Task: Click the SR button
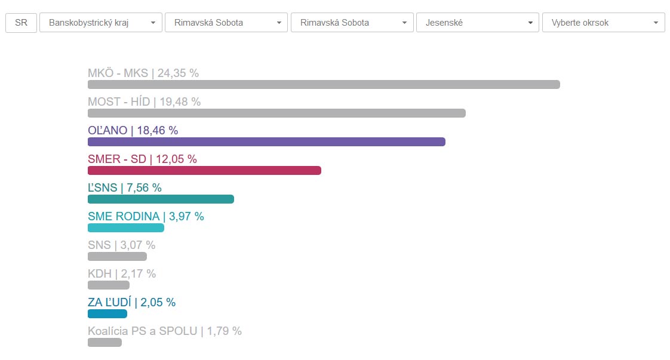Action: coord(21,23)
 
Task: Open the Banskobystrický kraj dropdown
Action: coord(100,23)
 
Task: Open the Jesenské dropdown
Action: coord(477,23)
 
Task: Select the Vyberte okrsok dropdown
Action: coord(603,23)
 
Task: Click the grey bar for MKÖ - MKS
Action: coord(324,84)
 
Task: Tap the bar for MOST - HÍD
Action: coord(276,113)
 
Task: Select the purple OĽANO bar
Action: coord(266,141)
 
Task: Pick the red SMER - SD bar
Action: coord(204,170)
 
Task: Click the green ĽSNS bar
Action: coord(161,199)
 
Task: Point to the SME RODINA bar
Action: coord(126,227)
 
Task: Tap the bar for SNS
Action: coord(117,256)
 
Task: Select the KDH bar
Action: coord(109,285)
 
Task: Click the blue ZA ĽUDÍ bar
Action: coord(107,313)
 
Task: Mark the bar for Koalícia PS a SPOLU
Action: coord(105,342)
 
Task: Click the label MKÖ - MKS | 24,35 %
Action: coord(143,73)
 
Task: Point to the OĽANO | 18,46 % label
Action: coord(133,131)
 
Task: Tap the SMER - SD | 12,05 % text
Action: coord(142,159)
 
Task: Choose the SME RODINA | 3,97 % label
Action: coord(146,217)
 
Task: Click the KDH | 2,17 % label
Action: coord(122,274)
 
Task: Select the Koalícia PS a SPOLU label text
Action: coord(165,331)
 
